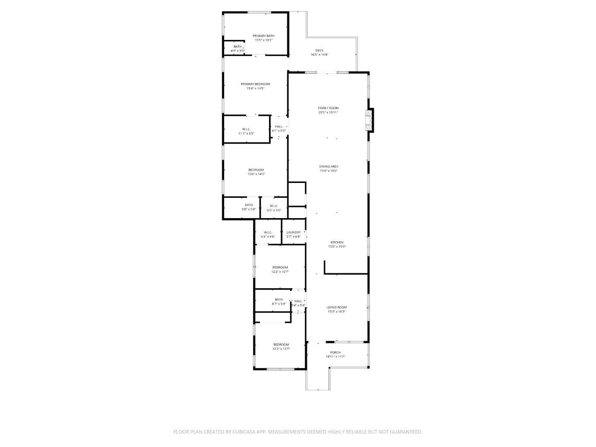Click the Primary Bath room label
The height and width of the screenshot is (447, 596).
tap(263, 36)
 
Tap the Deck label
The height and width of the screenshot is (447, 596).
tap(319, 50)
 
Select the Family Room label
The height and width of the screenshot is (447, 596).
tap(328, 108)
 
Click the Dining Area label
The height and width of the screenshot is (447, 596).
tap(328, 166)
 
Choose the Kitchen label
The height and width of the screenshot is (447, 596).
tap(336, 243)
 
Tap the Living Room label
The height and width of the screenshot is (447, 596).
tap(336, 307)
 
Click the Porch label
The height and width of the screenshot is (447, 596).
tap(335, 352)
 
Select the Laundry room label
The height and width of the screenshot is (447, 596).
tap(293, 232)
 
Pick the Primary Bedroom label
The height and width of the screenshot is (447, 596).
tap(255, 84)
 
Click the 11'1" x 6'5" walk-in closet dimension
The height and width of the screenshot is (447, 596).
tap(246, 134)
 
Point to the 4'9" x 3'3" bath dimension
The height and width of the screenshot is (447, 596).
tap(237, 51)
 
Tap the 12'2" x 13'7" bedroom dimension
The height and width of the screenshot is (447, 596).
tap(281, 349)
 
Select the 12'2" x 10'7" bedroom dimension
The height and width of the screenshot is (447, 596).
tap(280, 272)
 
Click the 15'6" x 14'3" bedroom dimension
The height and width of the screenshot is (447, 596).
tap(256, 174)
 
